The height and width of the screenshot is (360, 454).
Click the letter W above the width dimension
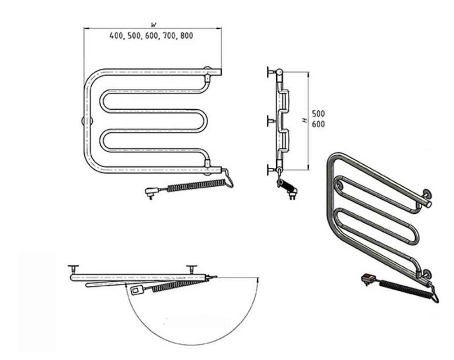coord(154,25)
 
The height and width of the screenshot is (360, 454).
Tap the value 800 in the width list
coord(186,36)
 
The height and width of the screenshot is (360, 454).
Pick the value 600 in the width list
coord(152,36)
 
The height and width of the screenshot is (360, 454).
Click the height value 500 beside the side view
coord(318,113)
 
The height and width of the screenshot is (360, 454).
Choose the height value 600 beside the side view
coord(318,124)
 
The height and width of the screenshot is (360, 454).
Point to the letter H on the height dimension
coord(304,120)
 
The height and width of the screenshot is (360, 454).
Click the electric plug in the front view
coord(152,193)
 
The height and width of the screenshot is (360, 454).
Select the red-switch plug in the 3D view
coord(369,279)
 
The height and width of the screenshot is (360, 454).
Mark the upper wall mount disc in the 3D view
coord(426,193)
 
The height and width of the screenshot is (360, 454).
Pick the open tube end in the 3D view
coord(428,204)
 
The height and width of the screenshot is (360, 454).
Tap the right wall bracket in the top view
coord(191,269)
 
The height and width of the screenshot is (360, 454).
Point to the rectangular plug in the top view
coord(136,290)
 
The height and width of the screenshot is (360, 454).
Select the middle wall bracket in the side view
coord(271,121)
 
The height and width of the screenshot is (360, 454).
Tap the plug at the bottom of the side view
coord(292,193)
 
